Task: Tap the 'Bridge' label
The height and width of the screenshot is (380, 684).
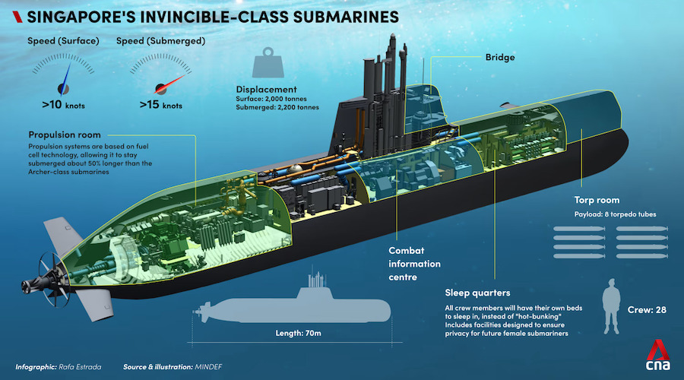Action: [501, 57]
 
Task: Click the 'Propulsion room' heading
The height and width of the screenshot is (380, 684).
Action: [63, 134]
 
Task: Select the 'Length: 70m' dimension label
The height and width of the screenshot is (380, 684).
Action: [293, 332]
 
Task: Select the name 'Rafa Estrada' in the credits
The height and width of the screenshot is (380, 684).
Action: [78, 366]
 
